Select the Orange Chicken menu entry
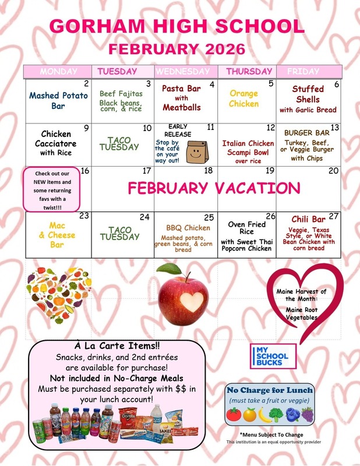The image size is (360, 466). pos(243,98)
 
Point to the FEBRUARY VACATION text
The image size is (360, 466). pos(213,188)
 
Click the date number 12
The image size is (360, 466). pos(270,128)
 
